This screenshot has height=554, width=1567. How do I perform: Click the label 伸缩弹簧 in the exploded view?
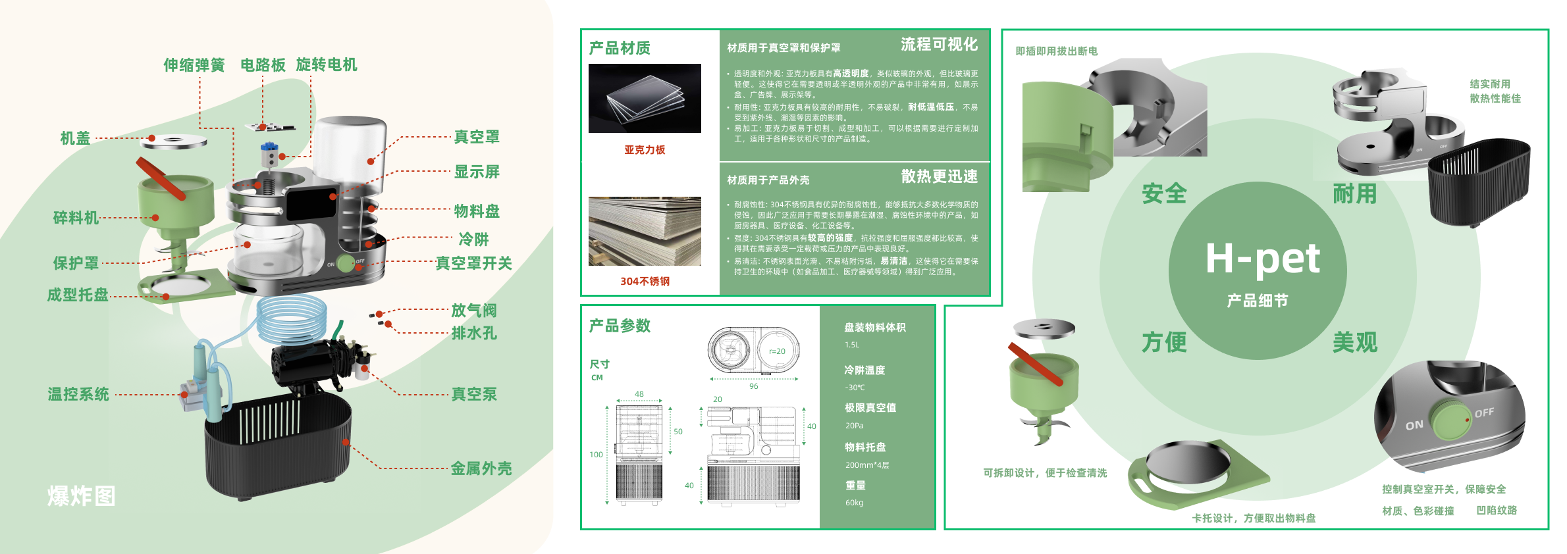click(194, 65)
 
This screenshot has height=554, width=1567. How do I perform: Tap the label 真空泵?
click(474, 394)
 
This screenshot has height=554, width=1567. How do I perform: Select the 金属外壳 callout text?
click(481, 468)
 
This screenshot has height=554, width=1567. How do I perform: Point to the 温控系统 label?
click(78, 394)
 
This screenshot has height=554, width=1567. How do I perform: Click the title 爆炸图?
click(82, 496)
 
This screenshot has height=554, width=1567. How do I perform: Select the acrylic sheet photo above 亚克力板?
click(645, 99)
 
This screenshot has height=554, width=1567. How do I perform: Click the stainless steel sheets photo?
click(645, 231)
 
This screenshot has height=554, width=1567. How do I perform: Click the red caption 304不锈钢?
click(645, 282)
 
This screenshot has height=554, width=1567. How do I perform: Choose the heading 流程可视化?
click(939, 44)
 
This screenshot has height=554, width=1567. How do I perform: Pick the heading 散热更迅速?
click(939, 176)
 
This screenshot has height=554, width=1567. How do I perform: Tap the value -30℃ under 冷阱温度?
click(855, 388)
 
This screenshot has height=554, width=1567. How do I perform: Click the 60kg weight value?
click(854, 503)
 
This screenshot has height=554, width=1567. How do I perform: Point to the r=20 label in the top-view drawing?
click(777, 351)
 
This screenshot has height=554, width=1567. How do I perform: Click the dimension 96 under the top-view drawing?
click(753, 386)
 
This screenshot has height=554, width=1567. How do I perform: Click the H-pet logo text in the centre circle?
click(1262, 259)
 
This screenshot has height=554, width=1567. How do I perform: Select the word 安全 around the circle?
click(1164, 193)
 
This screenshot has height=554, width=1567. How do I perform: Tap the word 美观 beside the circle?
click(1355, 342)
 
